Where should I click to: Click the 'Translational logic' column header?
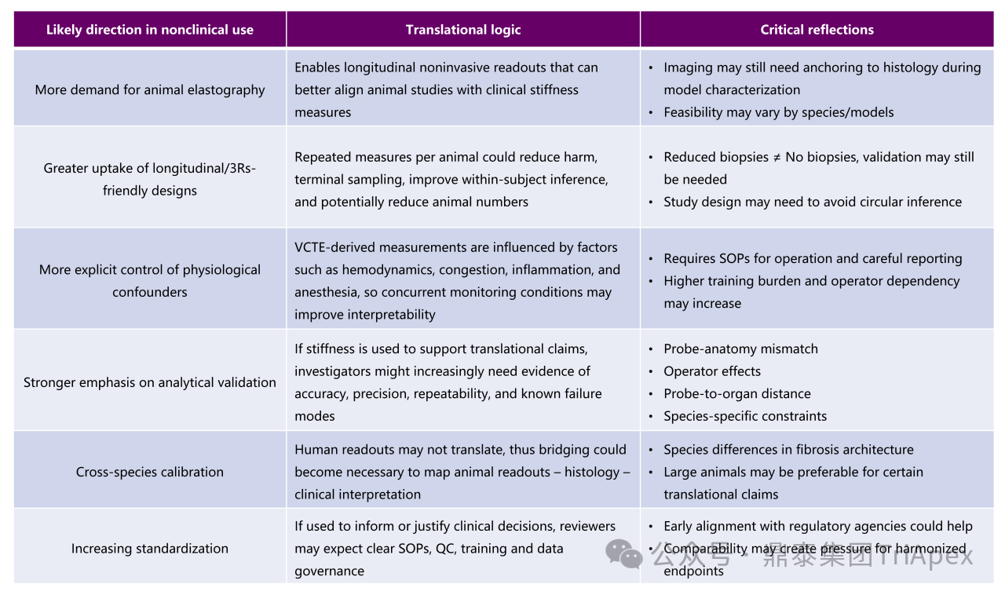coord(463,30)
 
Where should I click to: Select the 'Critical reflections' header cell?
coord(817,30)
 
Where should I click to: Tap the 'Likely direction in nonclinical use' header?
coord(150,30)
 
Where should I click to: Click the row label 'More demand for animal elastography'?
coord(150,89)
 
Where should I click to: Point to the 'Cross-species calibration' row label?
coord(150,472)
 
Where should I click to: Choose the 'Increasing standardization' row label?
coord(150,549)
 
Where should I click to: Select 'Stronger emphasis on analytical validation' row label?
coord(150,382)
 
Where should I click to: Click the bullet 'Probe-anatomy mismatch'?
coord(740,349)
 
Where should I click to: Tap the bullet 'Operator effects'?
coord(712,371)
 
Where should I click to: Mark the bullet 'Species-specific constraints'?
coord(745,416)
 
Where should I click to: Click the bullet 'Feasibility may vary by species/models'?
coord(778,112)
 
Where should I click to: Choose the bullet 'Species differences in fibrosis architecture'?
coord(788,450)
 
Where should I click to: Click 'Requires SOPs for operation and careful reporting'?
coord(813,258)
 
